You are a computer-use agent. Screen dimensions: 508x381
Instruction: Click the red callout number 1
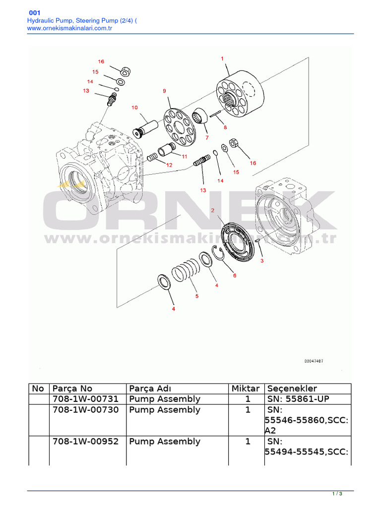(x=222, y=59)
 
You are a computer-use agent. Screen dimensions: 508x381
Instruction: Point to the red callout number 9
(x=164, y=91)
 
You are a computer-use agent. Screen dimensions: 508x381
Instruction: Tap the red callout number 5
(x=196, y=296)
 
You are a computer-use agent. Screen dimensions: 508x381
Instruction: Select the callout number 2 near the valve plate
(x=213, y=210)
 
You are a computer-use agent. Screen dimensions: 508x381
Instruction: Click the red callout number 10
(x=134, y=107)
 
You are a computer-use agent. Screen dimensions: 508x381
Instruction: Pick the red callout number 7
(x=206, y=137)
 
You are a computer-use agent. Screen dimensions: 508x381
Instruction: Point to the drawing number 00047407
(x=314, y=361)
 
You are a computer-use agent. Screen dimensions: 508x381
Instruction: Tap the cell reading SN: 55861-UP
(x=298, y=399)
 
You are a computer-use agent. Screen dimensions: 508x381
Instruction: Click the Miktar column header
(x=246, y=388)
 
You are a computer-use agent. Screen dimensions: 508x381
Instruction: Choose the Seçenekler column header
(x=292, y=388)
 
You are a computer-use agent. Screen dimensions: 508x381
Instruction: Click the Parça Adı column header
(x=150, y=388)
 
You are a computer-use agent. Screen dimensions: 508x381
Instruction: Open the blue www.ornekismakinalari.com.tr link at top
(x=68, y=29)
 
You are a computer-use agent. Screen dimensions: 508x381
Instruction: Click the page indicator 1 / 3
(x=337, y=494)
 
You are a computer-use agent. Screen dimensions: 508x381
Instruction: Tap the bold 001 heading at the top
(x=35, y=12)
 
